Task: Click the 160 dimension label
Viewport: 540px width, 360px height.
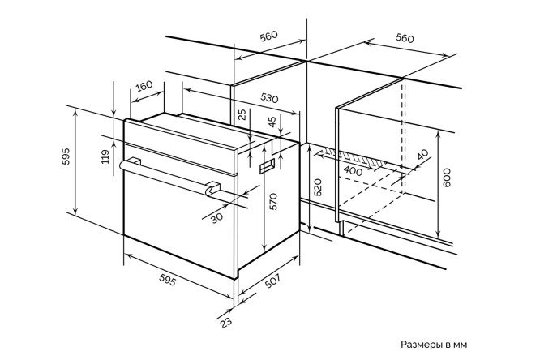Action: pos(144,86)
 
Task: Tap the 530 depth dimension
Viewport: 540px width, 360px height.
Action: pos(269,98)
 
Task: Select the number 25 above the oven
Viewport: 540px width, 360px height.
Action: pos(242,114)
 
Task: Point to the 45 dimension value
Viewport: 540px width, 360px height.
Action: pos(272,122)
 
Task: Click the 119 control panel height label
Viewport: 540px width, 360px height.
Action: pos(105,156)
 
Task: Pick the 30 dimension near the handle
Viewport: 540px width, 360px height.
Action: pos(217,218)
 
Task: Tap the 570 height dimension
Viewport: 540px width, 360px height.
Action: pos(272,202)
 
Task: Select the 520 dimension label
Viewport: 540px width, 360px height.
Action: pos(318,188)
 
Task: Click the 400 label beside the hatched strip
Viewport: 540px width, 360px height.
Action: pos(354,171)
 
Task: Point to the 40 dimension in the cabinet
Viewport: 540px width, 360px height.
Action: pos(422,155)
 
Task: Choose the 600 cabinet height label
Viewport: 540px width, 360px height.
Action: pos(447,178)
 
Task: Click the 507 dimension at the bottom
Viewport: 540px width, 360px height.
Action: pos(272,281)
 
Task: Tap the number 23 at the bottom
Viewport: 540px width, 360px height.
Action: pos(226,323)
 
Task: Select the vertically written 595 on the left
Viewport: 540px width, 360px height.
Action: pos(66,156)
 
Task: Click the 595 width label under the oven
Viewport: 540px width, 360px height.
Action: pos(168,280)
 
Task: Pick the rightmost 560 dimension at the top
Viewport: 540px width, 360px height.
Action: pos(405,38)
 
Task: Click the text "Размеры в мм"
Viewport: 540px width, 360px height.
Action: pos(434,345)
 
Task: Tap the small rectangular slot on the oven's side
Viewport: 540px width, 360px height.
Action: pos(267,165)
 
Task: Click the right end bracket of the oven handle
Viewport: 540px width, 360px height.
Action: pos(212,188)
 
